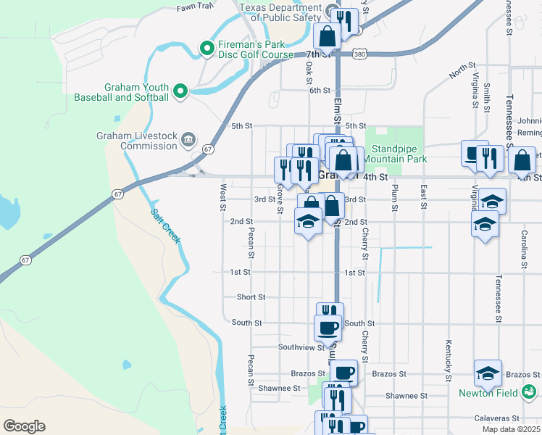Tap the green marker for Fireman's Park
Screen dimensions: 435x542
click(x=207, y=49)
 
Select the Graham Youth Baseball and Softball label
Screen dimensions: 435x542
click(x=122, y=91)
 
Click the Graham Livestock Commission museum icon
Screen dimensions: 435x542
click(x=188, y=138)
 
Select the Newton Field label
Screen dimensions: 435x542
click(x=488, y=394)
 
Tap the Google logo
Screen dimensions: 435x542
click(x=23, y=426)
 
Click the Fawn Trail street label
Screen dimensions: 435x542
click(x=195, y=7)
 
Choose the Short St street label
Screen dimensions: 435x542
click(x=251, y=297)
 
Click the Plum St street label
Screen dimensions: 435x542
click(x=395, y=199)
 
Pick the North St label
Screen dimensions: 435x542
click(x=461, y=71)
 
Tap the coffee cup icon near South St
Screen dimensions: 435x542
click(x=328, y=328)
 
